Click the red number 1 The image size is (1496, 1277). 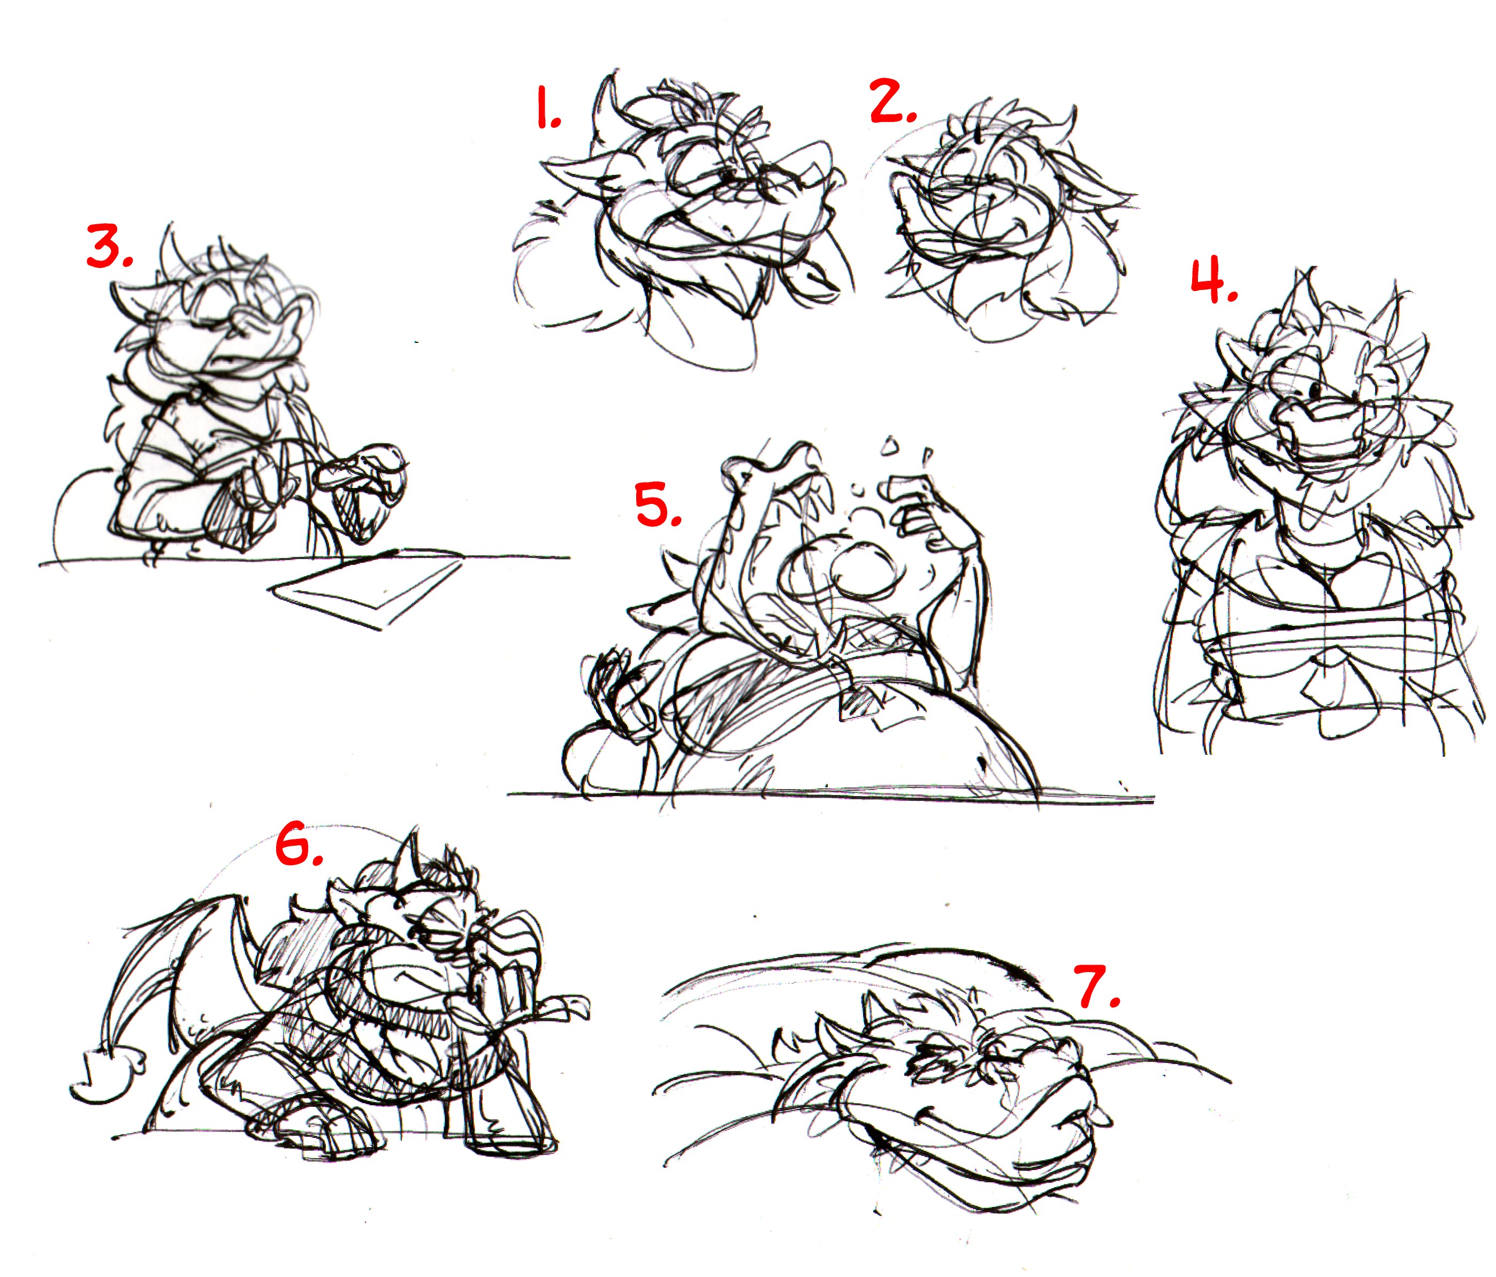[x=547, y=108]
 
